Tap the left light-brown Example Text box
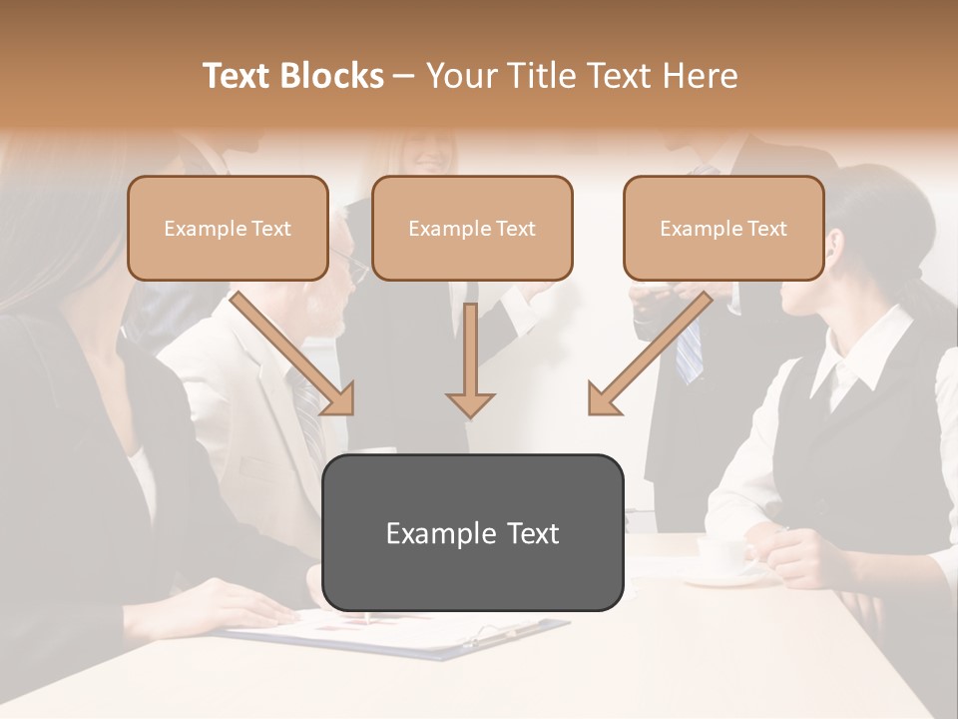pos(228,229)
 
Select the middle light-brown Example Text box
pos(472,229)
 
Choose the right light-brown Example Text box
pos(723,229)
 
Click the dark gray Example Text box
pos(472,532)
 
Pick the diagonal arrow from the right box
pos(649,355)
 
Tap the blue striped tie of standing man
pos(689,350)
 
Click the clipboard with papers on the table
pos(399,633)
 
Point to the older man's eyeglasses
pos(352,264)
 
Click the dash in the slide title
pos(404,76)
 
